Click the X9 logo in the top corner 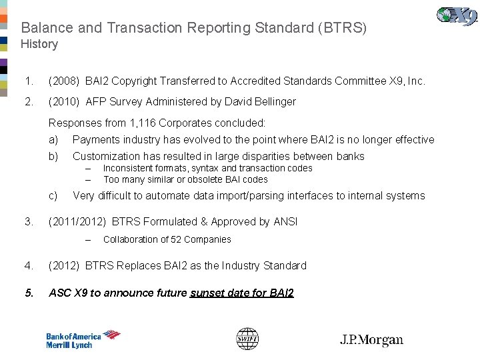pyautogui.click(x=457, y=15)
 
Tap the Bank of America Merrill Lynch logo pyautogui.click(x=83, y=340)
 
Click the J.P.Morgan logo pyautogui.click(x=371, y=340)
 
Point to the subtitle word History pyautogui.click(x=39, y=44)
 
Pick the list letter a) pyautogui.click(x=53, y=140)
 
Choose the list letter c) pyautogui.click(x=53, y=196)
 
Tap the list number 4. pyautogui.click(x=28, y=266)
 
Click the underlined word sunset pyautogui.click(x=207, y=293)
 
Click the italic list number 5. pyautogui.click(x=28, y=293)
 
